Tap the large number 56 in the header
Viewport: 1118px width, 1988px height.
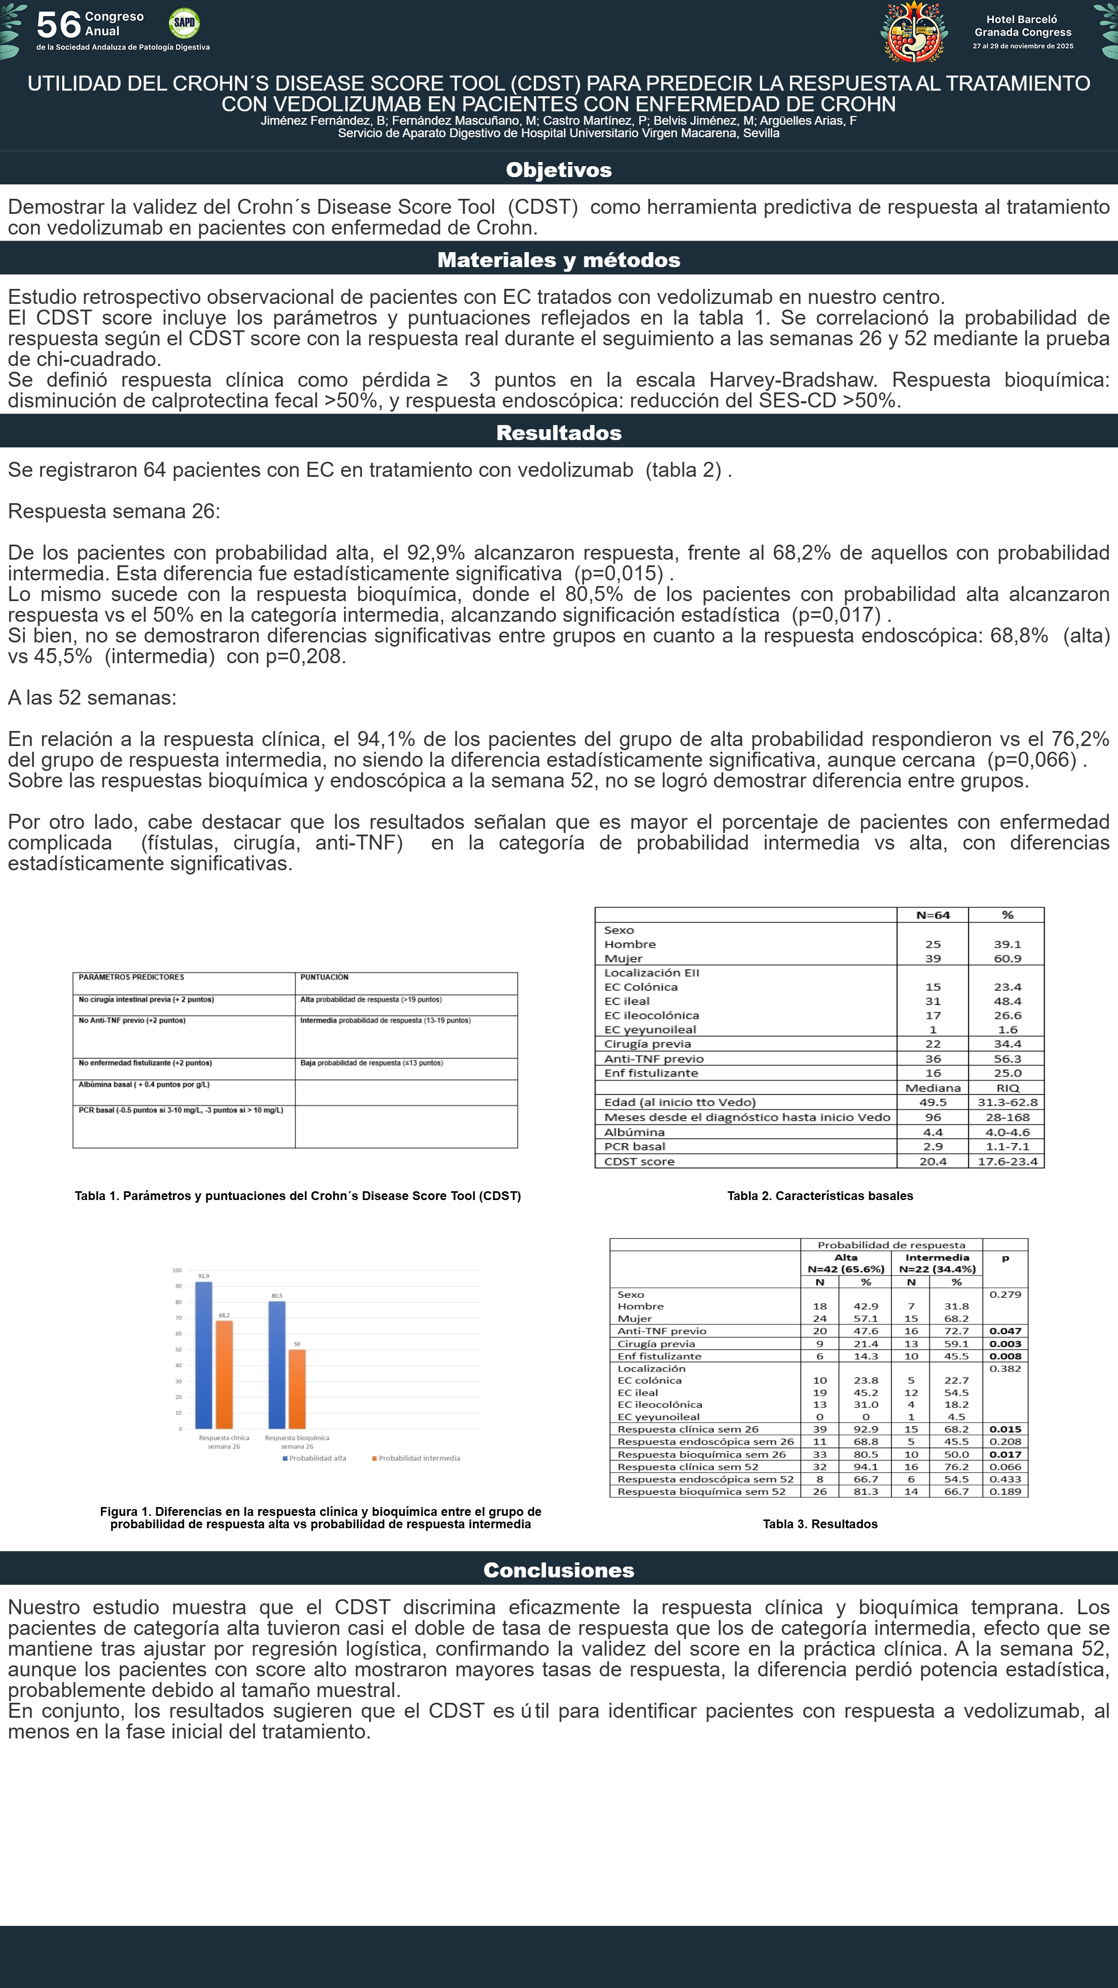coord(58,25)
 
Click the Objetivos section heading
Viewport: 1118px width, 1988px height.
coord(558,170)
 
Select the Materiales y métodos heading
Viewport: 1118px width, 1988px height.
coord(558,260)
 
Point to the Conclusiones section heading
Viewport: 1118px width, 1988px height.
coord(558,1570)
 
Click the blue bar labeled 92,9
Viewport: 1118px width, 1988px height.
coord(204,1354)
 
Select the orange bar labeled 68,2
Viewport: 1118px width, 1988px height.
coord(224,1373)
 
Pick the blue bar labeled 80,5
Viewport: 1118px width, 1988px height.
coord(277,1365)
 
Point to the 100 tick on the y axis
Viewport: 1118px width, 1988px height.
coord(178,1270)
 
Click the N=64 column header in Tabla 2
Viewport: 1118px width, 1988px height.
coord(933,915)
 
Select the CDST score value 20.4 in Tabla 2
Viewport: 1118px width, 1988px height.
coord(933,1161)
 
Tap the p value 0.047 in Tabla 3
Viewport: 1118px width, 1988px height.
coord(1005,1331)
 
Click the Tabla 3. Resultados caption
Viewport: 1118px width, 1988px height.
coord(820,1524)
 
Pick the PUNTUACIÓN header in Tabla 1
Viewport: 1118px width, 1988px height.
coord(324,977)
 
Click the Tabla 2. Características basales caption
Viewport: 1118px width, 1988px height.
coord(820,1196)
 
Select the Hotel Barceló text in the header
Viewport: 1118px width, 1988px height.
coord(1022,19)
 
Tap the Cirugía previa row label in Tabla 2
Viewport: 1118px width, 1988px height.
coord(648,1044)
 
